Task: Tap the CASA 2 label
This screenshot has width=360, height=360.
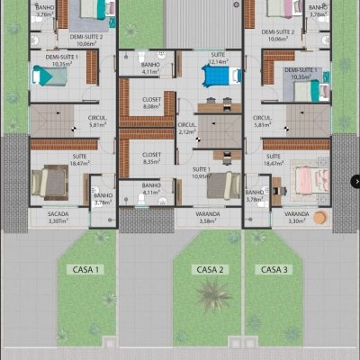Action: (x=210, y=269)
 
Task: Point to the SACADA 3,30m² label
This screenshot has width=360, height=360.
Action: (x=58, y=216)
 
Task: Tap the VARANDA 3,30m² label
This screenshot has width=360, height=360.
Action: (x=296, y=216)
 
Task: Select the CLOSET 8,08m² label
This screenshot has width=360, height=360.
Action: (x=152, y=103)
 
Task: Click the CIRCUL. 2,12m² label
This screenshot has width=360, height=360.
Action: (x=187, y=128)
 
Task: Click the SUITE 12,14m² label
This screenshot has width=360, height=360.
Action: (x=218, y=58)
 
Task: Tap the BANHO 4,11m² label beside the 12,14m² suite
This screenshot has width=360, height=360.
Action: (x=150, y=69)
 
